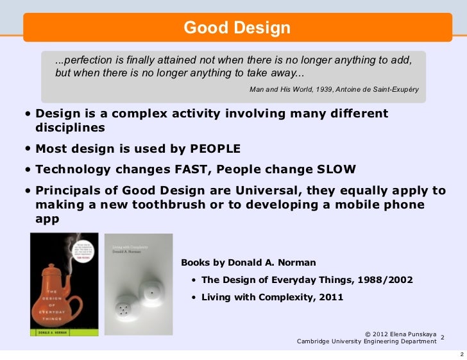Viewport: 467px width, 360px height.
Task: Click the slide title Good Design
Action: coord(237,28)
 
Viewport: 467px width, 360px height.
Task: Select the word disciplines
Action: coord(70,127)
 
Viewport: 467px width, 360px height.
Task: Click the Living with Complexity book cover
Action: coord(137,283)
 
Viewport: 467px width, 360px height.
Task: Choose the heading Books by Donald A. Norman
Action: coord(248,263)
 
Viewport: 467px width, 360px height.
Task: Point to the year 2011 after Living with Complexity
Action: coord(330,297)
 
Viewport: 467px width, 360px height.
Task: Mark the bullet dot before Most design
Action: coord(28,149)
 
